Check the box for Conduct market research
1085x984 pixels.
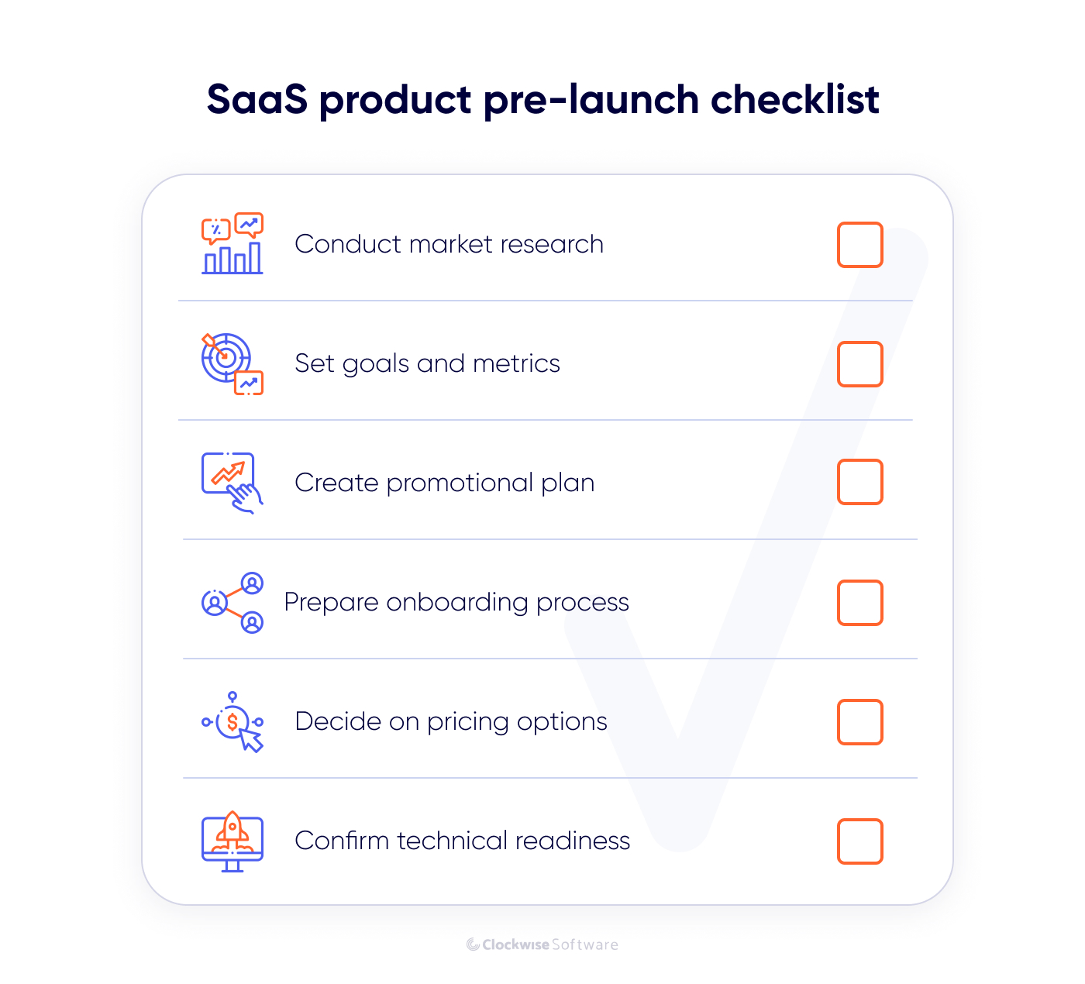pos(859,245)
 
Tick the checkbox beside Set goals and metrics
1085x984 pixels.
pos(859,364)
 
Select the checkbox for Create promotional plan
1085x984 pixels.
pos(859,482)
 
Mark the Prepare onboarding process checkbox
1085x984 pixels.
pos(859,603)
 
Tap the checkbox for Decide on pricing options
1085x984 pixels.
pos(859,722)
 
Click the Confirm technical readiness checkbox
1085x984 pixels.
pos(859,841)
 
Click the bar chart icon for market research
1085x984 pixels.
pos(232,243)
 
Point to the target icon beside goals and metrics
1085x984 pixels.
pos(232,363)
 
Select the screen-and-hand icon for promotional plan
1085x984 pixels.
pos(232,483)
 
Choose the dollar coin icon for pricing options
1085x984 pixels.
pos(232,722)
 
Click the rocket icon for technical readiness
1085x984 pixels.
pos(232,841)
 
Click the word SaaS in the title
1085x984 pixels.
pos(257,100)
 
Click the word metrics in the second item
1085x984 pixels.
pos(516,363)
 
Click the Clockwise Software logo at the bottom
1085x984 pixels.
pos(542,944)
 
